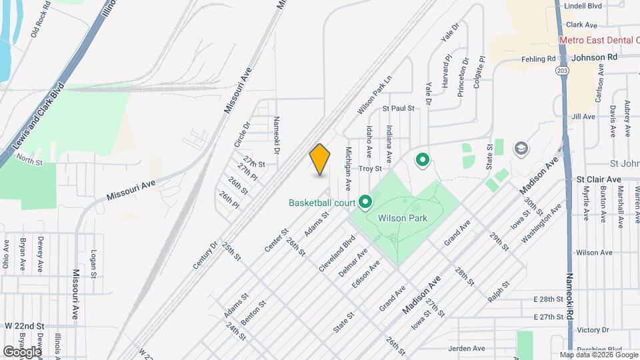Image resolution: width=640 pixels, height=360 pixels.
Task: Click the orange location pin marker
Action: [x=320, y=159]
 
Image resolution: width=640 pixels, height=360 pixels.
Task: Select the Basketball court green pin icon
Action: [x=365, y=201]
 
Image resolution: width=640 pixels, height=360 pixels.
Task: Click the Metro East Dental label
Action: [x=597, y=40]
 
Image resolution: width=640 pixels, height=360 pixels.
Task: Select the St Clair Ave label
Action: [x=599, y=179]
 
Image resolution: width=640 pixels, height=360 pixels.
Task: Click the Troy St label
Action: [x=370, y=169]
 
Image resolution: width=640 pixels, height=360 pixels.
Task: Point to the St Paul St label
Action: [x=398, y=108]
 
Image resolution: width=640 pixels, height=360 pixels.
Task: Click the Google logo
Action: [x=23, y=351]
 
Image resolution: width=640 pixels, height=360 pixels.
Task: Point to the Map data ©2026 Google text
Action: [x=599, y=354]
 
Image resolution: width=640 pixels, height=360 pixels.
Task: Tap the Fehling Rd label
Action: [x=539, y=59]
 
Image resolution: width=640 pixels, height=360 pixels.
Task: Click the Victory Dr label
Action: [x=589, y=330]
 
